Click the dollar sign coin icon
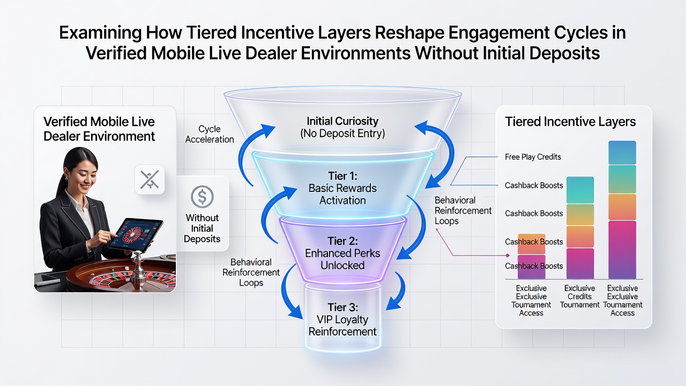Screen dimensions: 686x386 tap(202, 197)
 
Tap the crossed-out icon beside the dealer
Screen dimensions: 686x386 tap(150, 180)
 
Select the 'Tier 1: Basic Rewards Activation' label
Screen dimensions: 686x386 tap(342, 188)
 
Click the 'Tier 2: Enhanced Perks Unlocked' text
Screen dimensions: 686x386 tap(342, 253)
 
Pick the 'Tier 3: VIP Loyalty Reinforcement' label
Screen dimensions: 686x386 tap(342, 319)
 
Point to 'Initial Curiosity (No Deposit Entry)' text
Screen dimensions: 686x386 tap(342, 127)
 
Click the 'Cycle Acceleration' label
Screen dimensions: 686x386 tap(210, 134)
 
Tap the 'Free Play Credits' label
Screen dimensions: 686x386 tap(533, 157)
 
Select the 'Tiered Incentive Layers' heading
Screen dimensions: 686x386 tap(570, 122)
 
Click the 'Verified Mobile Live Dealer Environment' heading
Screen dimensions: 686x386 tap(99, 129)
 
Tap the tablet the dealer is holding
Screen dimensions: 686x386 tap(136, 234)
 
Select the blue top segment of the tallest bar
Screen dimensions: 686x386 tap(622, 153)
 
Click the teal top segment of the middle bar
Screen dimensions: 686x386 tap(580, 190)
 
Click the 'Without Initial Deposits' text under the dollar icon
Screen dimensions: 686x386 tap(202, 228)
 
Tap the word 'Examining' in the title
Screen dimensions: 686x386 tap(100, 33)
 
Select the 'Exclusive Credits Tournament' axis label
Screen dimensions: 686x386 tap(580, 296)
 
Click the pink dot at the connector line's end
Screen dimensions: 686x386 tap(508, 256)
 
